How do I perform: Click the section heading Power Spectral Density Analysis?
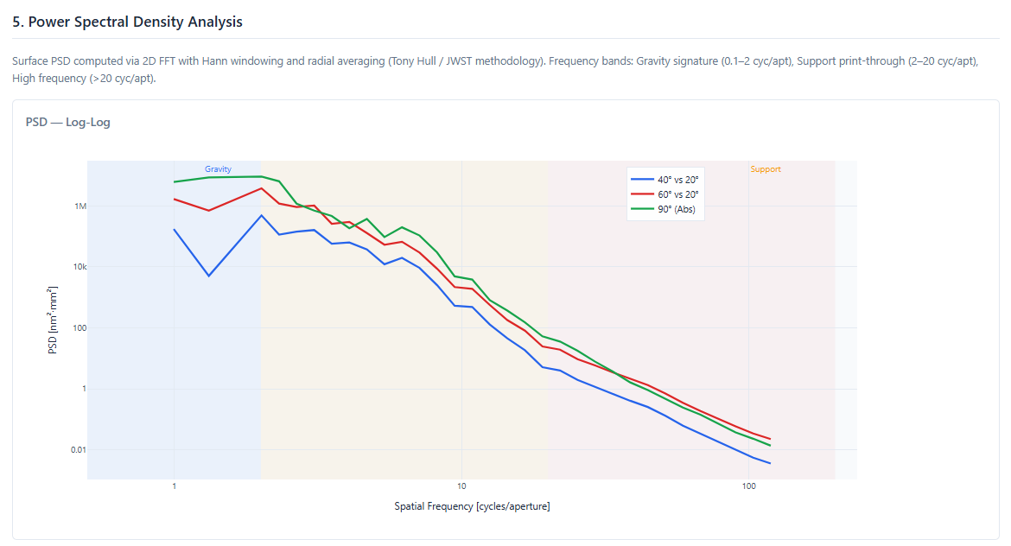coord(127,22)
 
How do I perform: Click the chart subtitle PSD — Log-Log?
coord(68,122)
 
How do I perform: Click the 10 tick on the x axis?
coord(461,487)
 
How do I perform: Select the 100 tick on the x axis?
coord(747,487)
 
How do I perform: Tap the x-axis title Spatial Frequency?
coord(472,506)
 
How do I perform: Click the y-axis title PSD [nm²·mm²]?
coord(53,321)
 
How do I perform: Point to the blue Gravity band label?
coord(218,169)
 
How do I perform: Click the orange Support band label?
coord(766,169)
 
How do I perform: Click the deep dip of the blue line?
coord(209,276)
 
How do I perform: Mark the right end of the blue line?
coord(769,463)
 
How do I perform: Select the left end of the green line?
coord(175,181)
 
